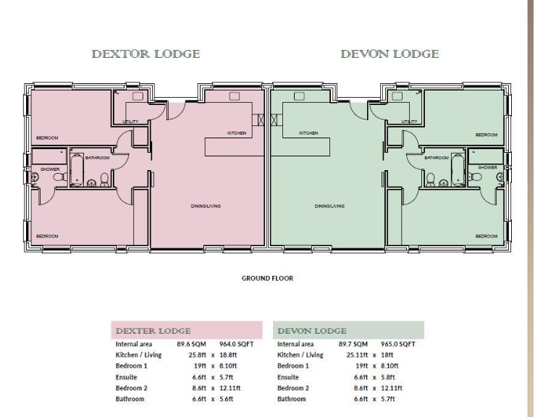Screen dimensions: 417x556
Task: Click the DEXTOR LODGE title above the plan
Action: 146,54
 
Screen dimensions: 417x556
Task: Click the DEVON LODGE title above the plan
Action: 389,54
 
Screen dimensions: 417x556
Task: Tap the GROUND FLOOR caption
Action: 267,278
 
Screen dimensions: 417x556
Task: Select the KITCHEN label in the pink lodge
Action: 237,133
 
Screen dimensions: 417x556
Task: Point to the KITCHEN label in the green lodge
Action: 309,133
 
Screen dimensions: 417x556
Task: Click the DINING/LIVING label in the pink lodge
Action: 206,206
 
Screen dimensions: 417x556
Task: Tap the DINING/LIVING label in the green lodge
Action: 329,206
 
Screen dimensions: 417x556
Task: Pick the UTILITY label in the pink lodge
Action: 130,122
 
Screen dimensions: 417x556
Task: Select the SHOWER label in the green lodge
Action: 487,167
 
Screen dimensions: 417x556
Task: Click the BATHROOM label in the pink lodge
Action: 97,157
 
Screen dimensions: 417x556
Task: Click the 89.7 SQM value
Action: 353,345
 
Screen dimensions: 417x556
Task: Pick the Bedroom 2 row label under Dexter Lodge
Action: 132,388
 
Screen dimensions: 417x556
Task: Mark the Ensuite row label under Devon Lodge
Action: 289,377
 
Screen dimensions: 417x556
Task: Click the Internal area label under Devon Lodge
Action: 295,345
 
